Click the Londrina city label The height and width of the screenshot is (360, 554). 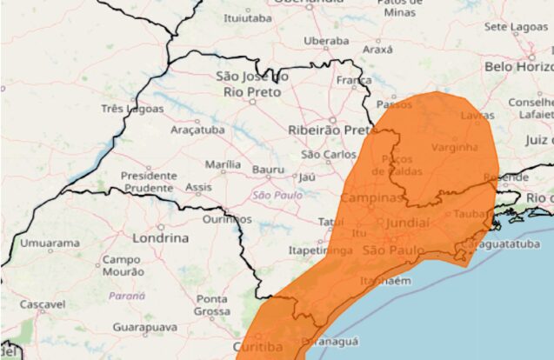pyautogui.click(x=161, y=237)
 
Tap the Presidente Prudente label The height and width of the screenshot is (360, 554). pyautogui.click(x=149, y=181)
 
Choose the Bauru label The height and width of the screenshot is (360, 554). pyautogui.click(x=268, y=169)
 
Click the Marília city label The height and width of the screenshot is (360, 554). pyautogui.click(x=223, y=163)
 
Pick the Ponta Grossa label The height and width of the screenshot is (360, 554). pyautogui.click(x=211, y=304)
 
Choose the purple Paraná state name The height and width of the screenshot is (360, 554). pyautogui.click(x=126, y=296)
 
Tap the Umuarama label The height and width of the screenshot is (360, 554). pyautogui.click(x=49, y=243)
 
